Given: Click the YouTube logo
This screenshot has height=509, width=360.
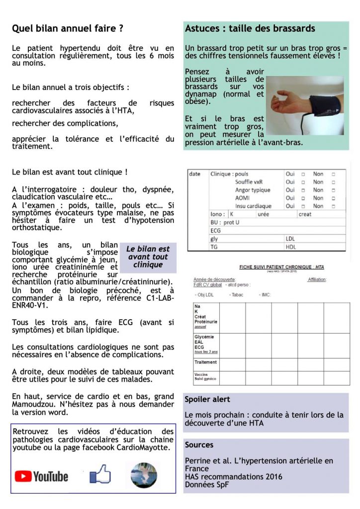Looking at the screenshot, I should click(41, 476).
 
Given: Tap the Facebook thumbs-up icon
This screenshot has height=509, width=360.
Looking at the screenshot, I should click(100, 474).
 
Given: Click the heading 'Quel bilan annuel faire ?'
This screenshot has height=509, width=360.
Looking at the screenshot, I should click(68, 29).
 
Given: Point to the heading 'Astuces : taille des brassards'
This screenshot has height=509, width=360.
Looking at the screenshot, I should click(250, 29).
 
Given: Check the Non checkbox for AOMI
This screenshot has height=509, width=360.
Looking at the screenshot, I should click(333, 198).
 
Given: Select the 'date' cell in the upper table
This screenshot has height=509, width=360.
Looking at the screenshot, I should click(195, 174).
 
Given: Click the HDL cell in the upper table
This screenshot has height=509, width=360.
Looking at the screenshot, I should click(291, 247).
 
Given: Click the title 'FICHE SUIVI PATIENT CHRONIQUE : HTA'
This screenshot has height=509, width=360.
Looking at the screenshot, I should click(281, 267).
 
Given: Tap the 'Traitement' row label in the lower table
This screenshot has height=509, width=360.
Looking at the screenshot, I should click(206, 362).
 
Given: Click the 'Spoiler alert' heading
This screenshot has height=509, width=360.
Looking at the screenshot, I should click(207, 399).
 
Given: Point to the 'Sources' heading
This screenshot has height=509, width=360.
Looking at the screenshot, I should click(199, 445).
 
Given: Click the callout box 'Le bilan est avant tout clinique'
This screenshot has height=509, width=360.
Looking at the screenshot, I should click(148, 257).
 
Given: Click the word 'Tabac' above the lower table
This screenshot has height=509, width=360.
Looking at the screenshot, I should click(237, 295).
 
